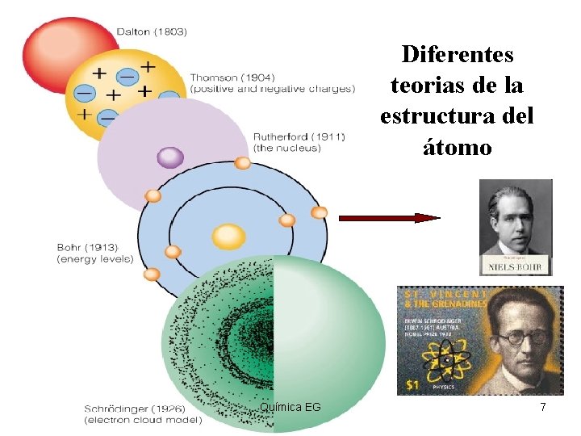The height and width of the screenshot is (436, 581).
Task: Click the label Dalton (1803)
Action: pos(152,32)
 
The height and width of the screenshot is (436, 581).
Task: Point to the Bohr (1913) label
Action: pos(87,247)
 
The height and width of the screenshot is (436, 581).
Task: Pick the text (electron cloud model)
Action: pos(143,421)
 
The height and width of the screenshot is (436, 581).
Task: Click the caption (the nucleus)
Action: pos(286,149)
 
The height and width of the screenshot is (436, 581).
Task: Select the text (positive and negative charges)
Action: pos(272,89)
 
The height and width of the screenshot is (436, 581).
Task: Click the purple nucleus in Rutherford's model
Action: pos(170,157)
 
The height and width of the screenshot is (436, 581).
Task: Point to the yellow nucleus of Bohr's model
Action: pos(228,237)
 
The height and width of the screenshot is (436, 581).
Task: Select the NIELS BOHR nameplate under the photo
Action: pos(516,266)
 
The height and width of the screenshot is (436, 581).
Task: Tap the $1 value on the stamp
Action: pos(412,385)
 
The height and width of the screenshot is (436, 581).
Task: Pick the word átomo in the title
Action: pos(458,147)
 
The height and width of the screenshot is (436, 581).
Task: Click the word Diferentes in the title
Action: pos(458,55)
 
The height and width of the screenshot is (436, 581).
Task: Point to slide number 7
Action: pos(543,408)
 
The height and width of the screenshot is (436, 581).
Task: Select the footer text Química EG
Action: pos(290,406)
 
